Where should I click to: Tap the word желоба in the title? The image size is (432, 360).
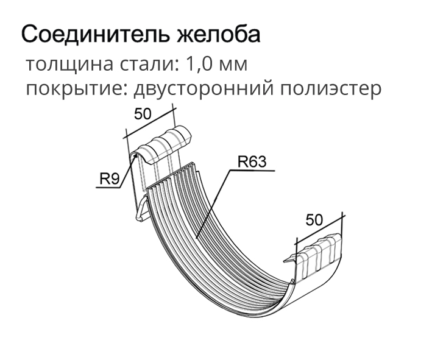[x=219, y=34]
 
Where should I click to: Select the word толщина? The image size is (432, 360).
[x=69, y=65]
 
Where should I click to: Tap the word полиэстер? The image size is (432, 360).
[x=331, y=89]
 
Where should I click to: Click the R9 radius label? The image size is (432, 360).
[x=109, y=179]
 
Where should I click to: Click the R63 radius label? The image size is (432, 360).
[x=252, y=161]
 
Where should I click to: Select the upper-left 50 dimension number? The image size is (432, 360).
[x=143, y=114]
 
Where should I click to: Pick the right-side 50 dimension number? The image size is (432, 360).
[x=314, y=220]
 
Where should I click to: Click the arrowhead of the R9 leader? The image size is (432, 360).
[x=135, y=156]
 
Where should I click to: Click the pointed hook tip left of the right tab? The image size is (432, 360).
[x=285, y=261]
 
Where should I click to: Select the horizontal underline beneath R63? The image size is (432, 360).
[x=252, y=171]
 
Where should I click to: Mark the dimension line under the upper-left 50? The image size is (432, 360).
[x=150, y=123]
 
